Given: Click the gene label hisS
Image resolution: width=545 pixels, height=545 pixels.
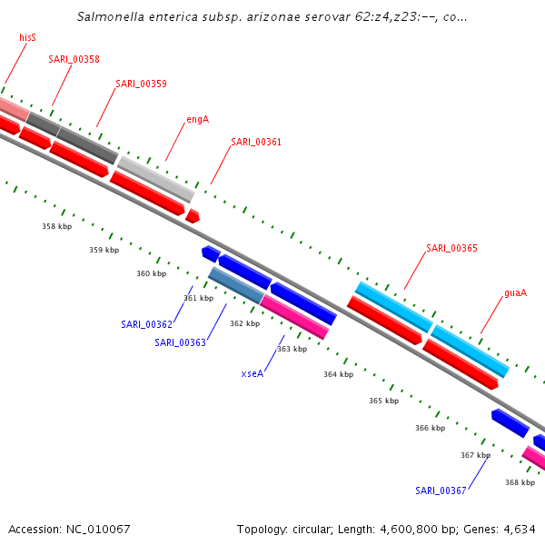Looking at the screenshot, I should click(x=27, y=38).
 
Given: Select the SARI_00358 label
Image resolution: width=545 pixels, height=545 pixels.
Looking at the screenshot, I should click(x=74, y=60).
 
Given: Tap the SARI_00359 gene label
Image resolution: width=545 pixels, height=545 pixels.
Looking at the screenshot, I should click(x=141, y=84).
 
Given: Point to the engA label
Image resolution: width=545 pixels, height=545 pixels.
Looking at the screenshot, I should click(x=197, y=119).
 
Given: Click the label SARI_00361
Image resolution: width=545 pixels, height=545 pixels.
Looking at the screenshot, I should click(x=256, y=142).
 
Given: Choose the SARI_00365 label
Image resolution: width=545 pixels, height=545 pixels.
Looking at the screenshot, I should click(x=451, y=248).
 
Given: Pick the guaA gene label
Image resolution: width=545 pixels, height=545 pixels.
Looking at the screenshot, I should click(x=515, y=293).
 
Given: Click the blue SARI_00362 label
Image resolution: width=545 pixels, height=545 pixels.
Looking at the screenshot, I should click(x=146, y=324).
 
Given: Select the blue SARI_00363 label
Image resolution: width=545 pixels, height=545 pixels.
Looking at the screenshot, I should click(x=180, y=342).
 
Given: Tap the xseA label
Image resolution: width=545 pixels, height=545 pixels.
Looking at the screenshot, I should click(x=253, y=373).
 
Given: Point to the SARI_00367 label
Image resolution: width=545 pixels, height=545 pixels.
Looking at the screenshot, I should click(x=441, y=490).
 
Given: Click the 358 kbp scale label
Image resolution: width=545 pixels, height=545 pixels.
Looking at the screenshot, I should click(x=56, y=226).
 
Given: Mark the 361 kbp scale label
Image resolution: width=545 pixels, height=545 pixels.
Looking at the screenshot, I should click(x=198, y=298).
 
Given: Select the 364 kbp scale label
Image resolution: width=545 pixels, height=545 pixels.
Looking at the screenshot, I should click(x=338, y=374).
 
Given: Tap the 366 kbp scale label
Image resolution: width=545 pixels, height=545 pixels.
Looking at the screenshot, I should click(x=430, y=428).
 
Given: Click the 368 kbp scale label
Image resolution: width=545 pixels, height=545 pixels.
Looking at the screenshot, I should click(x=520, y=482).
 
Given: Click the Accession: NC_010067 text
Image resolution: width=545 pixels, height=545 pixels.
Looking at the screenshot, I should click(x=69, y=529).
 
